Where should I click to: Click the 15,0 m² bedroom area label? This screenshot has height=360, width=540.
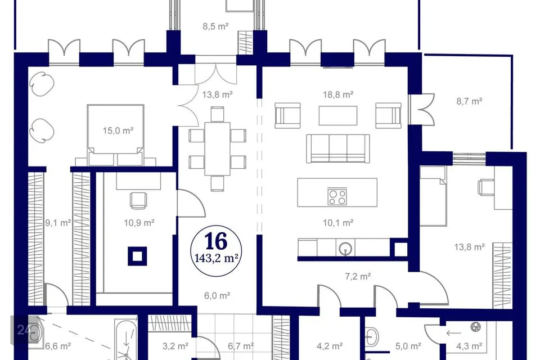[118, 130]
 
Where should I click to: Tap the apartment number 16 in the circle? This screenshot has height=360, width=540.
[216, 241]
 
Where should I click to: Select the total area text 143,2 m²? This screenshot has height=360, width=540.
[217, 258]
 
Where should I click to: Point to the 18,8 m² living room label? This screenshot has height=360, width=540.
[338, 94]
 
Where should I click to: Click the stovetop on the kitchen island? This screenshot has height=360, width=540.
[337, 197]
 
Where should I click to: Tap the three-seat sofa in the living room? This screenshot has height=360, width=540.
[338, 148]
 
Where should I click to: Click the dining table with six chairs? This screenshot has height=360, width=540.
[217, 148]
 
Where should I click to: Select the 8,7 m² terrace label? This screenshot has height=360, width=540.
[469, 101]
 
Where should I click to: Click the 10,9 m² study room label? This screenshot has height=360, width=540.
[139, 223]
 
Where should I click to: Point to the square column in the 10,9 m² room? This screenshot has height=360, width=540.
[137, 256]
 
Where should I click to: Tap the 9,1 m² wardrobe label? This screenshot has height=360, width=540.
[58, 223]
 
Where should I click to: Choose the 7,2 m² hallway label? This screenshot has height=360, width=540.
[358, 276]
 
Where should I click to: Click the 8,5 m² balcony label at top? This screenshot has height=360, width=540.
[215, 26]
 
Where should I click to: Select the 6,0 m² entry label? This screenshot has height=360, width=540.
[217, 295]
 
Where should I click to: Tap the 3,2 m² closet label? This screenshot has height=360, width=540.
[175, 345]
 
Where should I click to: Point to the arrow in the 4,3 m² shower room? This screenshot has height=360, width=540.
[453, 333]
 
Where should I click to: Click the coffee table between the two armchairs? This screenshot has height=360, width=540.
[338, 115]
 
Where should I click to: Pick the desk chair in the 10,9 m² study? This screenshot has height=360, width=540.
[138, 200]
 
